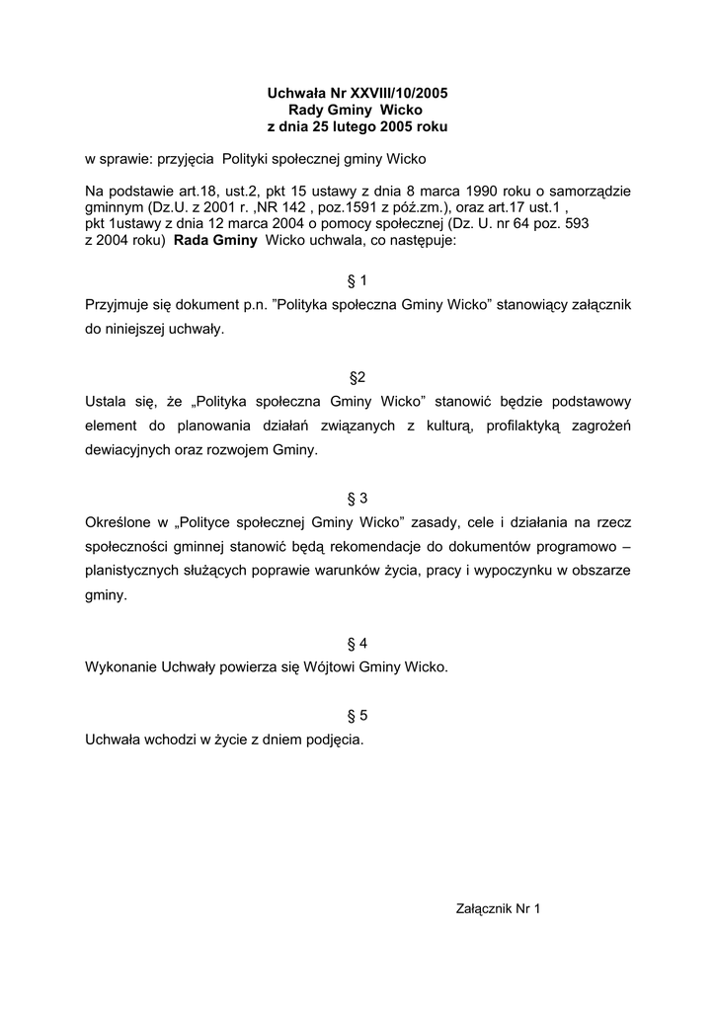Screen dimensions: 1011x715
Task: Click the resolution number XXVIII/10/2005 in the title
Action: tap(394, 93)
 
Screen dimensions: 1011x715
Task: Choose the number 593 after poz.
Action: tap(573, 224)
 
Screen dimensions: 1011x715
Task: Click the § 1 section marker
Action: tap(357, 281)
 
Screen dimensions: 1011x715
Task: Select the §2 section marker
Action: tap(357, 377)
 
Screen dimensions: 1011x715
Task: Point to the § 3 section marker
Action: tap(357, 498)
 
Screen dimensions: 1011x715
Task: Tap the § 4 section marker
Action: tap(357, 643)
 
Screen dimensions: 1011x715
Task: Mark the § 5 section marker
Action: tap(357, 715)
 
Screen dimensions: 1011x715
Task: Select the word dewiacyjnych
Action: tap(133, 449)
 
